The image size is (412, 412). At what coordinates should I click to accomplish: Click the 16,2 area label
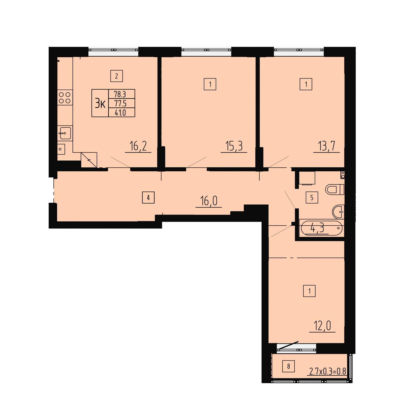click(x=138, y=147)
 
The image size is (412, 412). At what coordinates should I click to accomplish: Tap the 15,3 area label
click(x=234, y=147)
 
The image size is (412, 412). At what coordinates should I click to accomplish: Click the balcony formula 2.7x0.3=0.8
click(x=327, y=372)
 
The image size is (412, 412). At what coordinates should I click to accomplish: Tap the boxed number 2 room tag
click(x=117, y=76)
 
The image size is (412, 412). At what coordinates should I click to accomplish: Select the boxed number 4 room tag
click(x=148, y=198)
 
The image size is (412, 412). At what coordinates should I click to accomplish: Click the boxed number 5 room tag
click(x=312, y=198)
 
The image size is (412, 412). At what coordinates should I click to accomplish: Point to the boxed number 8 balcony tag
click(x=288, y=366)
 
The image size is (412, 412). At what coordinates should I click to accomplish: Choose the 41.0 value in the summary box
click(x=120, y=113)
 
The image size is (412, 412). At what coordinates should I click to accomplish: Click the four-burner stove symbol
click(x=65, y=98)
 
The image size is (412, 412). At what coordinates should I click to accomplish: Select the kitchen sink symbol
click(x=65, y=133)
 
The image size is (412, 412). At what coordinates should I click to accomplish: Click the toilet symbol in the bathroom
click(x=334, y=190)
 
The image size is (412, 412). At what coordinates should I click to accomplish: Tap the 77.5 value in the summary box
click(x=120, y=103)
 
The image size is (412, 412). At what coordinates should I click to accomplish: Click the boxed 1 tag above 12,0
click(x=309, y=291)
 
